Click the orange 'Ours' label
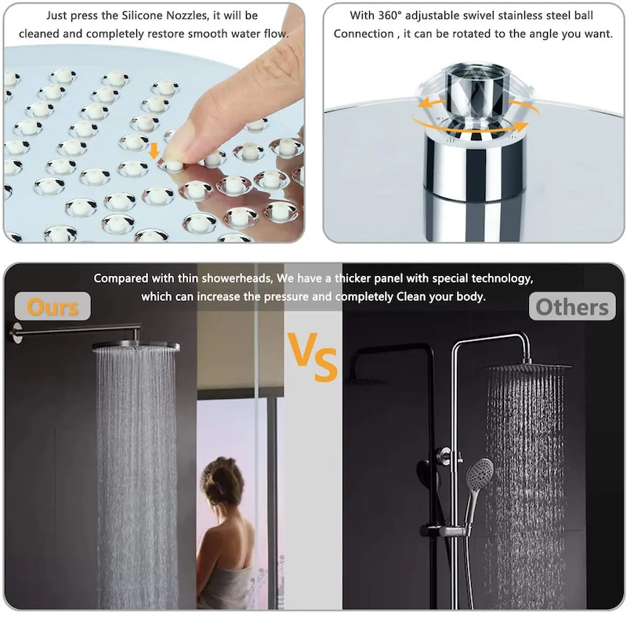coord(53,306)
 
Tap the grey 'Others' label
coord(571,306)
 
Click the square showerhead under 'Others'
coord(526,367)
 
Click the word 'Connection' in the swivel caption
coord(364,34)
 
